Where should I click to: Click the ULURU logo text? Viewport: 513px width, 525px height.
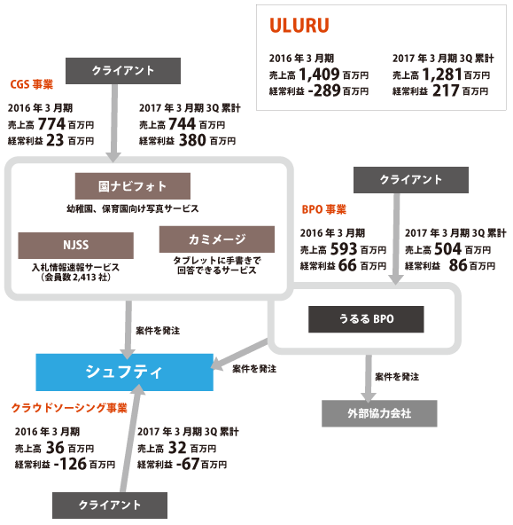(x=299, y=26)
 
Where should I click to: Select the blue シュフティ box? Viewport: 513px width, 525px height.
(x=124, y=372)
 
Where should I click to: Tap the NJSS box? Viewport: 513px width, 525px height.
(x=76, y=246)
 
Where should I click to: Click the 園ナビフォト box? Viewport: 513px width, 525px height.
(x=133, y=186)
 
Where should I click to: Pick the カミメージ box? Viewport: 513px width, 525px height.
(x=217, y=239)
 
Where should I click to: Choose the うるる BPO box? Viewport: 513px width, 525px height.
(x=366, y=319)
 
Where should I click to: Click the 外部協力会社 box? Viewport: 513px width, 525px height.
(x=379, y=413)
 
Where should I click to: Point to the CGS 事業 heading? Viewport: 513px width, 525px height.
(x=32, y=84)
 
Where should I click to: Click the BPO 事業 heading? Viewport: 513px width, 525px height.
(x=324, y=209)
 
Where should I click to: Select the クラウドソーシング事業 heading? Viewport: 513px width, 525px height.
(x=70, y=408)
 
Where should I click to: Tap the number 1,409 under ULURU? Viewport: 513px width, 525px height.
(x=319, y=74)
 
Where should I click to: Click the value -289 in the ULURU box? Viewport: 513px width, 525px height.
(x=324, y=90)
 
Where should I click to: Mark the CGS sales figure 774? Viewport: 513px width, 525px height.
(x=51, y=124)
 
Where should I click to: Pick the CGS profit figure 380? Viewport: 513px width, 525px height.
(x=192, y=140)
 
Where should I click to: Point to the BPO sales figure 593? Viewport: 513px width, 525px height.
(x=344, y=249)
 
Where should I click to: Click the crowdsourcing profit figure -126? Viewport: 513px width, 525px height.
(x=70, y=464)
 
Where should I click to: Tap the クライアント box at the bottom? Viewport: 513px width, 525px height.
(x=110, y=505)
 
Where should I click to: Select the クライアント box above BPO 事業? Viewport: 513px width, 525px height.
(x=411, y=180)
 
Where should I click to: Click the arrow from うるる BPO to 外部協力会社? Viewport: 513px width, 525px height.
(x=369, y=379)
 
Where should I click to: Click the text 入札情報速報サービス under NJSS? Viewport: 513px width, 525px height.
(x=75, y=268)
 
